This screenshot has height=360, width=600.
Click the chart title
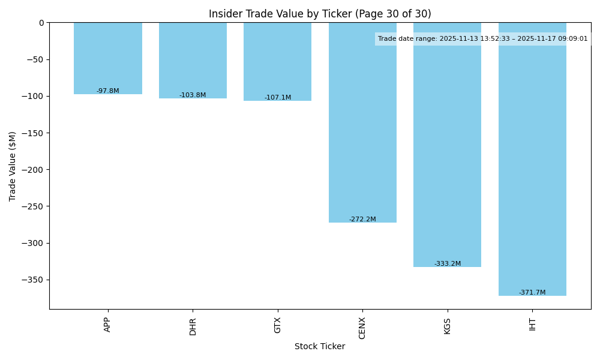[x=320, y=14]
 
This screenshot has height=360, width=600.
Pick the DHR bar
[x=193, y=60]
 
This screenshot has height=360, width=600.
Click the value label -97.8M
[x=108, y=91]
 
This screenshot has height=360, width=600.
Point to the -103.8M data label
[x=193, y=95]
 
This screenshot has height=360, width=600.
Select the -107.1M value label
[x=278, y=98]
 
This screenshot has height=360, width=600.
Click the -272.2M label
[x=362, y=220]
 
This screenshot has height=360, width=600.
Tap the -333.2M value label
[x=448, y=264]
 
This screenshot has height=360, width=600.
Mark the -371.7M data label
[x=532, y=293]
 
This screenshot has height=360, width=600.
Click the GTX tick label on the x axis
[x=278, y=325]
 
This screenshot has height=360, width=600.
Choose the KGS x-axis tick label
[x=448, y=326]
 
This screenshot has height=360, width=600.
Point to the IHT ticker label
[x=532, y=325]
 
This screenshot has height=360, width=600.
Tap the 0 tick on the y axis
[x=41, y=23]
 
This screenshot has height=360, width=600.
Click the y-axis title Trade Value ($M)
[x=13, y=166]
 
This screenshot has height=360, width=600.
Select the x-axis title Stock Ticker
[x=320, y=347]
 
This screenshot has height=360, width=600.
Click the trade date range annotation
[x=483, y=39]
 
